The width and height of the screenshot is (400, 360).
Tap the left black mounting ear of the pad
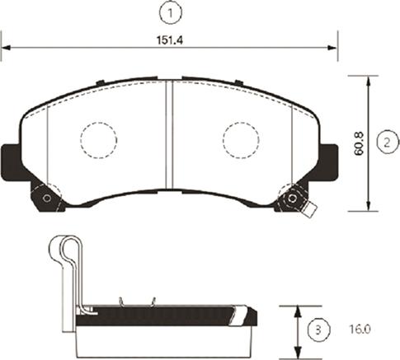coord(11,159)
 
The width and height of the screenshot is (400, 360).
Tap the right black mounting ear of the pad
coord(327,158)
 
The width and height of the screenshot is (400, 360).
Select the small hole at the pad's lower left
coord(47,199)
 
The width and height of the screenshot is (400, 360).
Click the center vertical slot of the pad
coord(169,136)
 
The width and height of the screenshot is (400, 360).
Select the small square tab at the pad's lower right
coord(309,210)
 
